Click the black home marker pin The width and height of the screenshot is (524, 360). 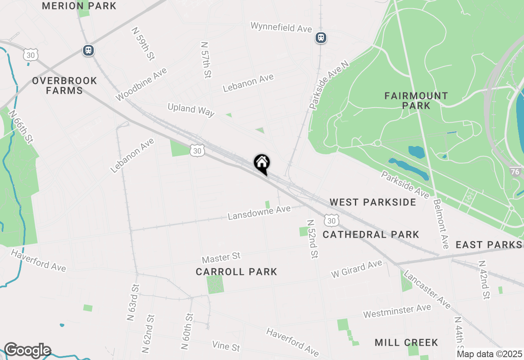(262, 164)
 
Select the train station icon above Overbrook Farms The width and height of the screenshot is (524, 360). (88, 50)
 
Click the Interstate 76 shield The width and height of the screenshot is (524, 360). (515, 171)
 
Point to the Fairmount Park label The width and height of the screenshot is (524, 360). (416, 101)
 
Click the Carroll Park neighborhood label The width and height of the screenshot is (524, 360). (236, 272)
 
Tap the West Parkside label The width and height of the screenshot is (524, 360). (373, 202)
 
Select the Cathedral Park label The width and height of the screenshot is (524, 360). (371, 234)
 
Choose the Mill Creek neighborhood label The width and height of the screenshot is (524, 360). (406, 342)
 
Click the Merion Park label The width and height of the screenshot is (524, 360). (79, 6)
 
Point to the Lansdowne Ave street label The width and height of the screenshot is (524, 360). (259, 212)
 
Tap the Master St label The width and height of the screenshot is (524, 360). (221, 258)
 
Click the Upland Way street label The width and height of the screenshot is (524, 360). (191, 110)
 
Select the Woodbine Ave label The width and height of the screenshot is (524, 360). (141, 84)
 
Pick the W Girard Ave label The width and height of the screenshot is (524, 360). (357, 269)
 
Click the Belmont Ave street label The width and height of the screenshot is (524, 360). (441, 224)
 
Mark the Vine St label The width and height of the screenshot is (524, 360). (226, 346)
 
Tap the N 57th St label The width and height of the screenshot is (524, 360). (206, 59)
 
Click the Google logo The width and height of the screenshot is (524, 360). (27, 351)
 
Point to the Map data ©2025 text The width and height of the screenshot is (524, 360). (490, 354)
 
